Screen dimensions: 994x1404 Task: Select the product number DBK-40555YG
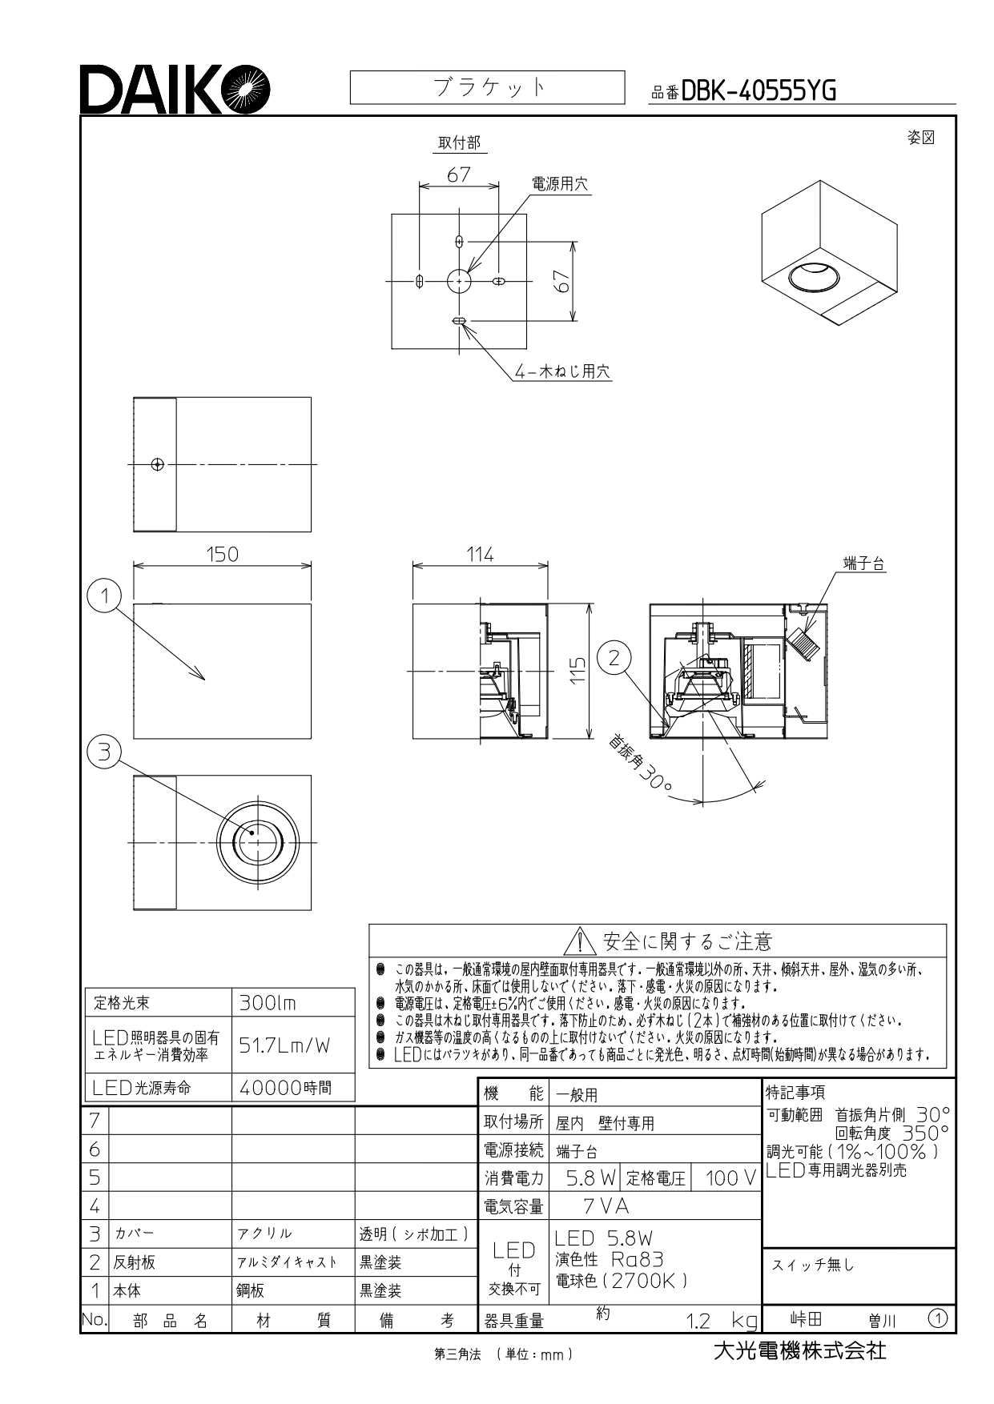(759, 91)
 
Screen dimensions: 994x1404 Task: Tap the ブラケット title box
(487, 87)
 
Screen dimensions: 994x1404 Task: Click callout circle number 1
(103, 596)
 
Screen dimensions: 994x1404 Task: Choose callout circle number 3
(103, 752)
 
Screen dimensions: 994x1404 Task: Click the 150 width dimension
(222, 554)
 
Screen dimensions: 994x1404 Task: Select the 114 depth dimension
(481, 554)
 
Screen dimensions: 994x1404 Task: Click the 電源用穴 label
(560, 184)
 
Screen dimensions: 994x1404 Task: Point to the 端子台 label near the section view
(864, 564)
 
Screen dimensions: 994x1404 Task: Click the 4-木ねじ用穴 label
(563, 371)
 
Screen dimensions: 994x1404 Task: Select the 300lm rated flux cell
(268, 1002)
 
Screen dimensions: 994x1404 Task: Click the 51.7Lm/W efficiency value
(284, 1045)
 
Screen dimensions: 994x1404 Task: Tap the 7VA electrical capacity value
(606, 1205)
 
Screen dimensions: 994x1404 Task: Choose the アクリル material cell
(264, 1234)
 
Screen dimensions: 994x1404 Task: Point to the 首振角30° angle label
(640, 761)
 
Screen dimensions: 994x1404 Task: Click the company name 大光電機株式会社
(799, 1351)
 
